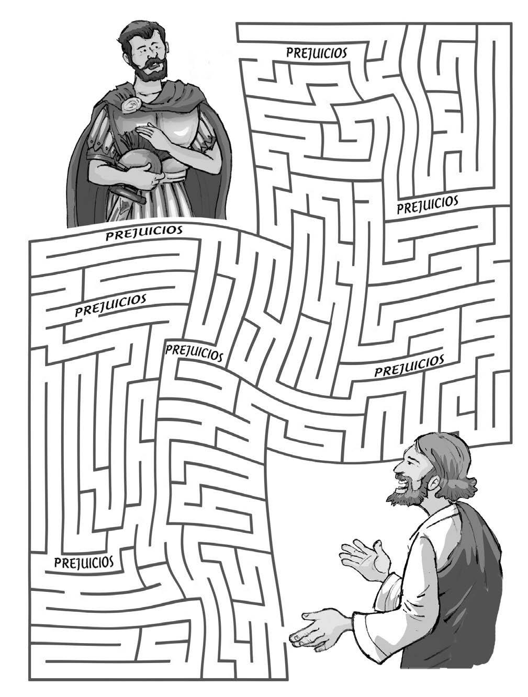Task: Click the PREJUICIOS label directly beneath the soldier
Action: (x=144, y=232)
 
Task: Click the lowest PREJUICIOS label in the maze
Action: (x=84, y=562)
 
